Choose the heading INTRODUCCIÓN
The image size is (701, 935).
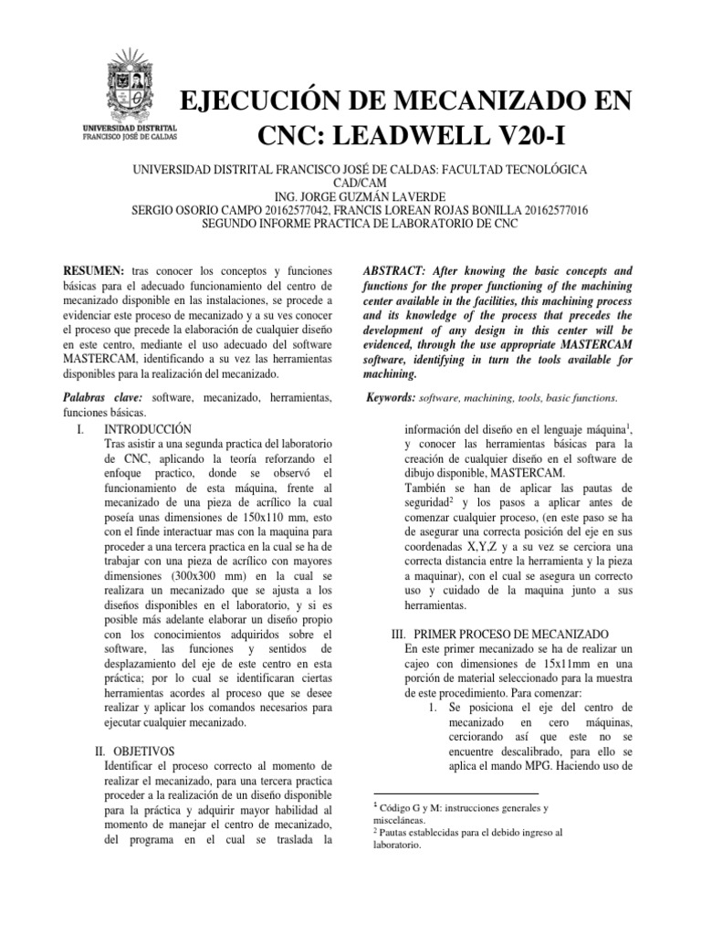[148, 427]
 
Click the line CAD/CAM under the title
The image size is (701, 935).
[351, 184]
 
